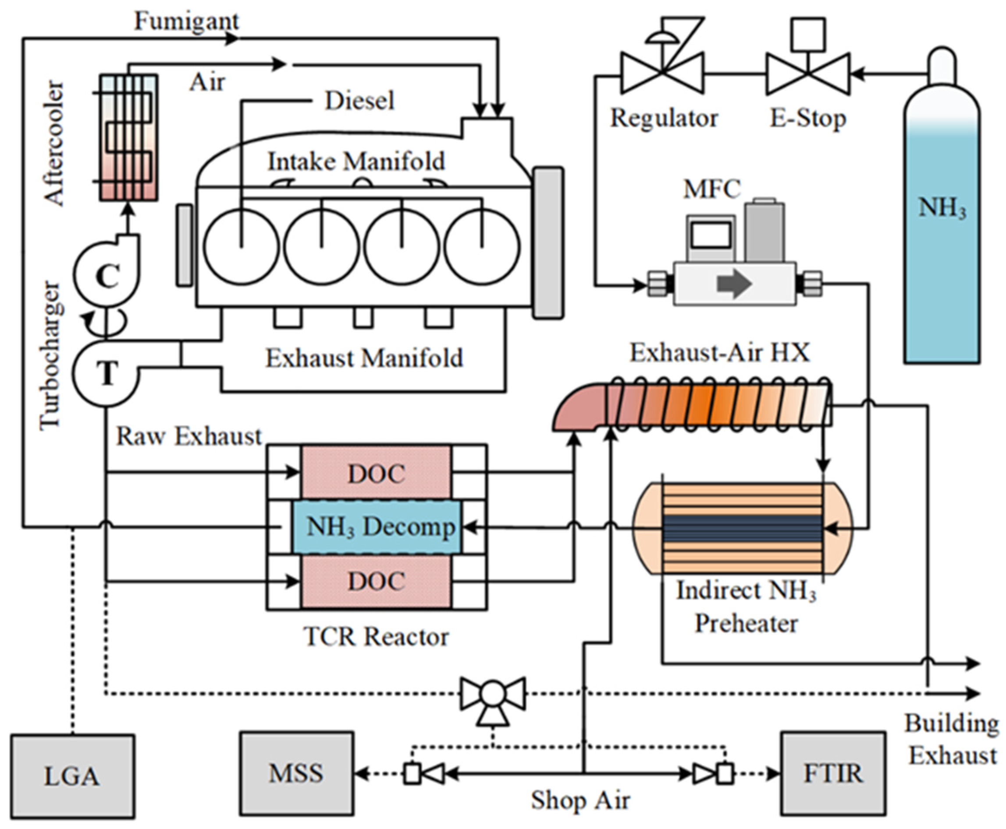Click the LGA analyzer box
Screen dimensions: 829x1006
coord(72,776)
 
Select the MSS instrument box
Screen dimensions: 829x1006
coord(296,773)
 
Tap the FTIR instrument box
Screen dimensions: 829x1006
coord(833,773)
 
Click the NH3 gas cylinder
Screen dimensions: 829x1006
coord(942,229)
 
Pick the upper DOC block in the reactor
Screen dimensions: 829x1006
coord(376,473)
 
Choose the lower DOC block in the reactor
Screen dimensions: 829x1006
coord(376,581)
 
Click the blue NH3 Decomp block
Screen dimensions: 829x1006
coord(377,527)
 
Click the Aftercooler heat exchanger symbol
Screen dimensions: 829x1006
coord(128,138)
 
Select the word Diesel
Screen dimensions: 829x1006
coord(359,101)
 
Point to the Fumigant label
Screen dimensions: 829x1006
coord(186,21)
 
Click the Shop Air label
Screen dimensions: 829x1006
coord(580,800)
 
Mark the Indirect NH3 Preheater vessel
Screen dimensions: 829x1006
coord(743,528)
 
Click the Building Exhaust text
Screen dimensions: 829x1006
coord(952,739)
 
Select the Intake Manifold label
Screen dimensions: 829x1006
coord(356,161)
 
